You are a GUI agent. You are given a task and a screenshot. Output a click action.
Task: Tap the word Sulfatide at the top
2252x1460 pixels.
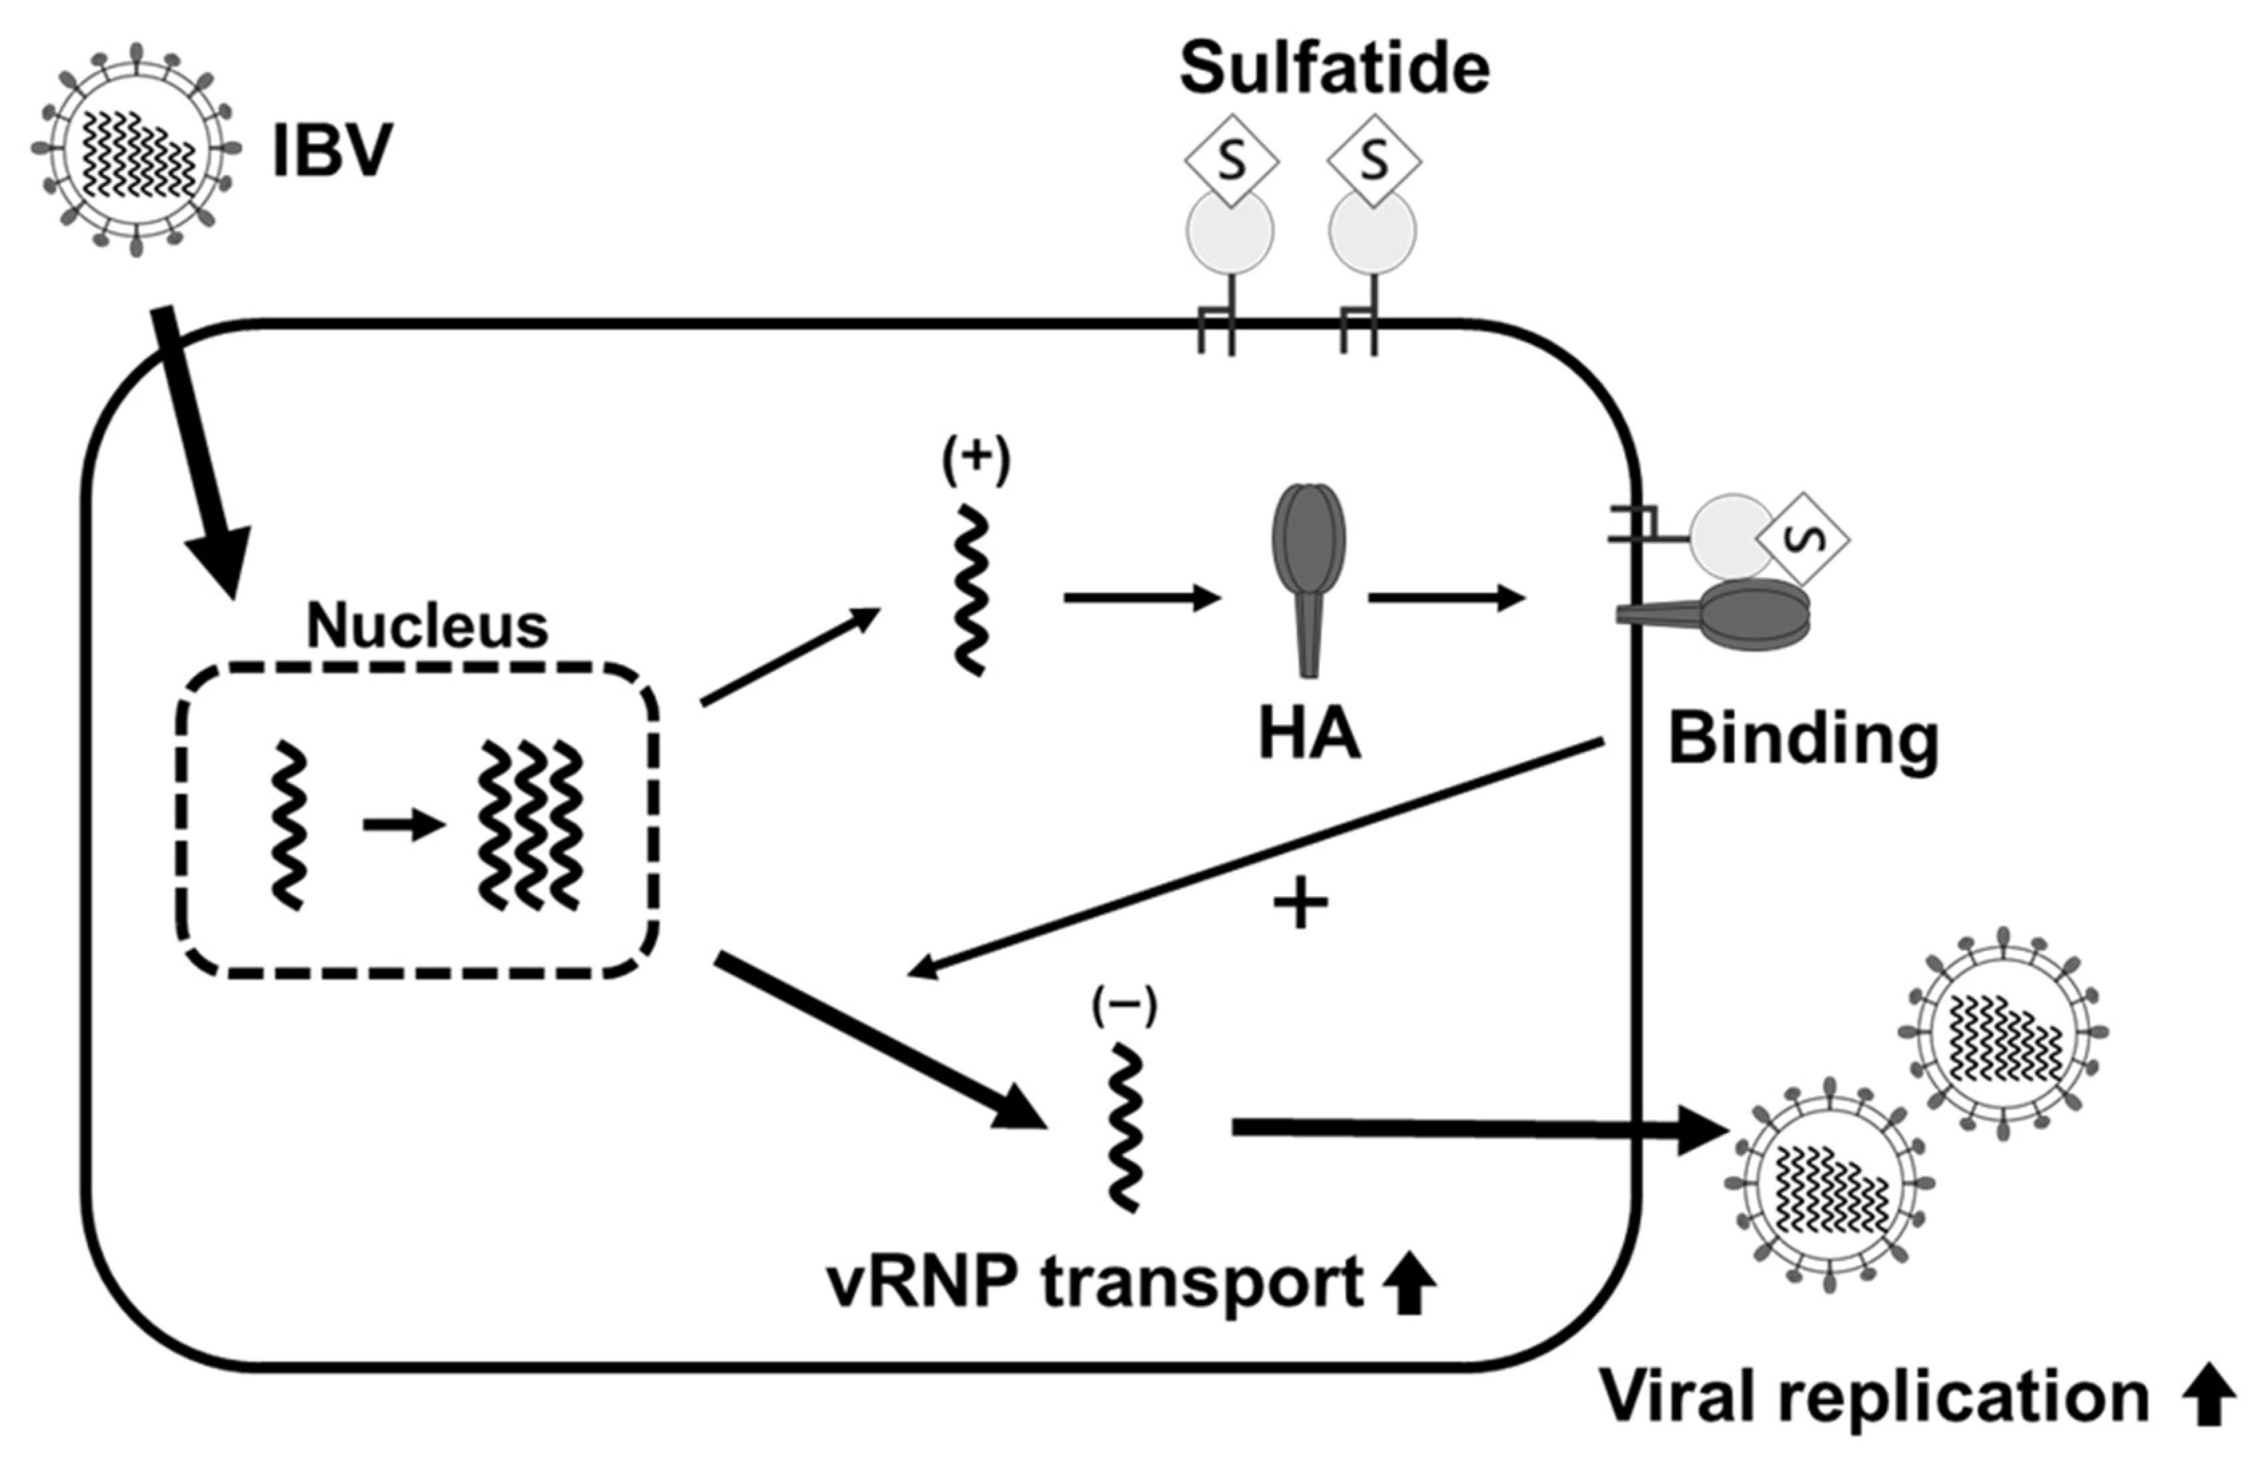[x=1334, y=68]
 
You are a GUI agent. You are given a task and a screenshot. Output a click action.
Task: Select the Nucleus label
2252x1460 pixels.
[x=427, y=626]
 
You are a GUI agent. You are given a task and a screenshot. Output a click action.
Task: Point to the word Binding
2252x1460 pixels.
[x=1803, y=739]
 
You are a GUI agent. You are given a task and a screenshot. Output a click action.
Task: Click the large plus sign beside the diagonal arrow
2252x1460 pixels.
[x=1300, y=904]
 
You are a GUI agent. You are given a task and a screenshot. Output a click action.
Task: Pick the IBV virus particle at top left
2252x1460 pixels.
[x=136, y=150]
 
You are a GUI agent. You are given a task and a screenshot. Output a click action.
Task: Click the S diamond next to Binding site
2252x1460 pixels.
[x=1803, y=538]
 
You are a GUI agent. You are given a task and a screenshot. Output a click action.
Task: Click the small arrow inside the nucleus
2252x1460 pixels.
[x=404, y=825]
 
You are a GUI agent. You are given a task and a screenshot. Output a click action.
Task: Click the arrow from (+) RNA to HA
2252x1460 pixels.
[x=1142, y=598]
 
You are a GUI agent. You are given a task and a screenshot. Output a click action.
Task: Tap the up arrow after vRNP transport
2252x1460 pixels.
[x=1409, y=1283]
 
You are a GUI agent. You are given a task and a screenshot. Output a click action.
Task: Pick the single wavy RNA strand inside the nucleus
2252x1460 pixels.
[x=289, y=825]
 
